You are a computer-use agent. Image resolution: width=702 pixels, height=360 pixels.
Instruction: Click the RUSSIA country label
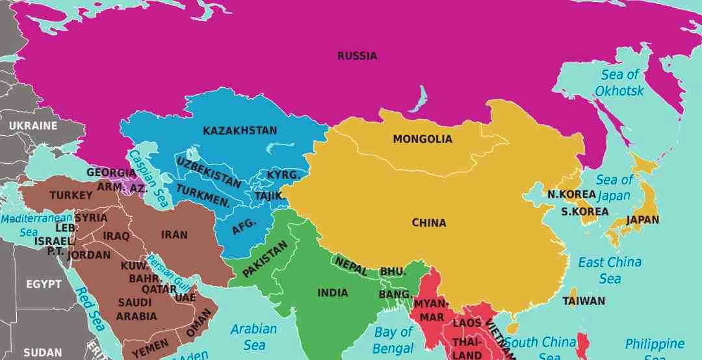(x=357, y=56)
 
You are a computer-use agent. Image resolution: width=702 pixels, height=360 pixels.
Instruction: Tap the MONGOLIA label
(x=422, y=139)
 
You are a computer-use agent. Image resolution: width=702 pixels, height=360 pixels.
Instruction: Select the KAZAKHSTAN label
(x=240, y=131)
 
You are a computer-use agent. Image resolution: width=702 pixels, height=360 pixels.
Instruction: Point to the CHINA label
(x=429, y=223)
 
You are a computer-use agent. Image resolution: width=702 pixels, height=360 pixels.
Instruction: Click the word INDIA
(x=333, y=293)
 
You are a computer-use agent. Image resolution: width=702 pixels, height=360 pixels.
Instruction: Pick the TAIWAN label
(x=584, y=302)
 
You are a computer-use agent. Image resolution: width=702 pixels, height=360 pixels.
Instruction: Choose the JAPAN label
(x=642, y=220)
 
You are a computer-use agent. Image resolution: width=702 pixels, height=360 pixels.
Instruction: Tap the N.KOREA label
(x=571, y=194)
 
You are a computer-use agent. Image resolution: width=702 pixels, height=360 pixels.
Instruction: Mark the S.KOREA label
(x=585, y=211)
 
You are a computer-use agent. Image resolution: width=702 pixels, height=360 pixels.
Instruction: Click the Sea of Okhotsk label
(x=619, y=83)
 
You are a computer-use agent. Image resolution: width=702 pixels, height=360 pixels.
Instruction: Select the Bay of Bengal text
(x=393, y=340)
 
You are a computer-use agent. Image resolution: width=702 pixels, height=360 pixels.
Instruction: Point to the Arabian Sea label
(x=253, y=337)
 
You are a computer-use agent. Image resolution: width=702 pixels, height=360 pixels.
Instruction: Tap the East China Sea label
(x=610, y=270)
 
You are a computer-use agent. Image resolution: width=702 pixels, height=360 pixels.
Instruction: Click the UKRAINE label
(x=32, y=125)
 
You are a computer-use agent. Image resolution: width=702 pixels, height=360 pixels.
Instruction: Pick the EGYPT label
(x=44, y=284)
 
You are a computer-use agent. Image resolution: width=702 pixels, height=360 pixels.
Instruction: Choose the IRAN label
(x=174, y=235)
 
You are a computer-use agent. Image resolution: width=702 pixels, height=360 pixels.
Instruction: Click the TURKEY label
(x=71, y=195)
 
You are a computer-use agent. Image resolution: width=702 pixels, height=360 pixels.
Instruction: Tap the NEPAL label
(x=351, y=266)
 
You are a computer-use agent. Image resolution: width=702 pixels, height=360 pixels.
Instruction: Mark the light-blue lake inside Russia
(x=422, y=97)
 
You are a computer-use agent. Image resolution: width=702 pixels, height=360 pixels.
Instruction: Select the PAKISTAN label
(x=265, y=259)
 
